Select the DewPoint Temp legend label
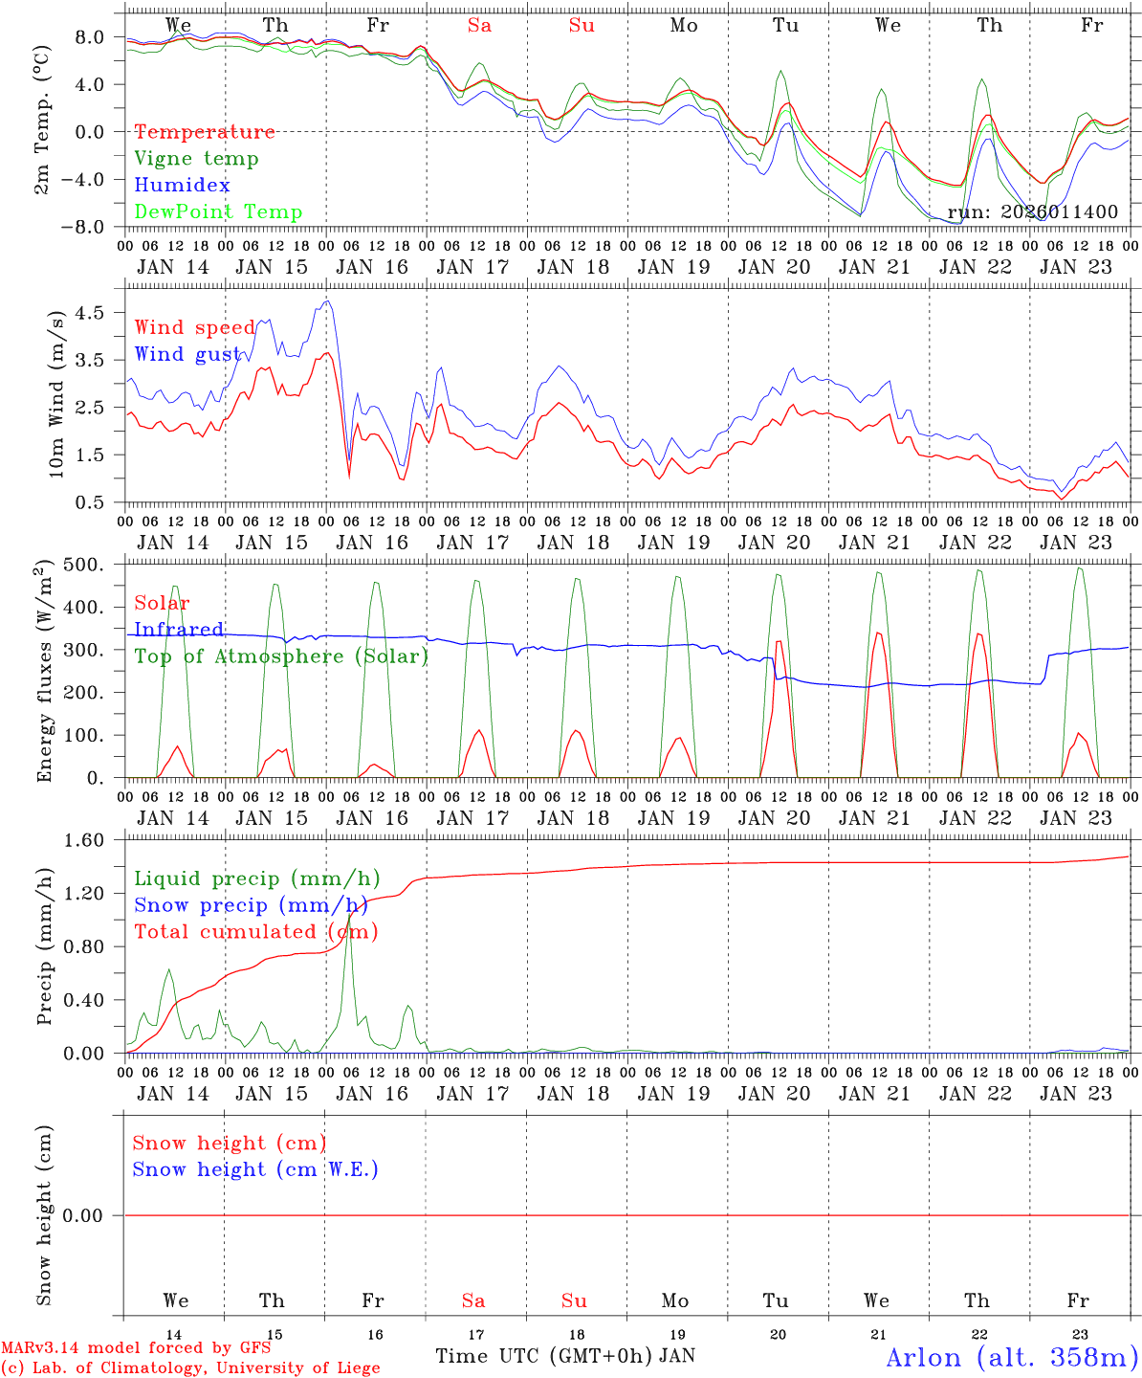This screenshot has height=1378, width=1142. coord(218,211)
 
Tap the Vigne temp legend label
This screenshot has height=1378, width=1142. coord(196,158)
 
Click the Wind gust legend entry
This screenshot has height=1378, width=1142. coord(187,354)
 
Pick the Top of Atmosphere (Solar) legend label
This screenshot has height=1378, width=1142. coord(280,656)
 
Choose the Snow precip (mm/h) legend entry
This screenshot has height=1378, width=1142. coord(251,904)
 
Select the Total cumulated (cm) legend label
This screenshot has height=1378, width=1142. coord(255,931)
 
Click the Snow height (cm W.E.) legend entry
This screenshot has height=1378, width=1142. coord(254,1168)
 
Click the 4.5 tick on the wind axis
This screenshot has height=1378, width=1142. coord(93,313)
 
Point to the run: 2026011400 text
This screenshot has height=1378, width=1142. coord(1032,211)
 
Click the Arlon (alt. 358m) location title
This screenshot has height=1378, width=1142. coord(1012,1357)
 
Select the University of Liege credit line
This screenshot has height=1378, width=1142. coord(190,1367)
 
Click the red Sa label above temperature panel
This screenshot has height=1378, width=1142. coord(479,26)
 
